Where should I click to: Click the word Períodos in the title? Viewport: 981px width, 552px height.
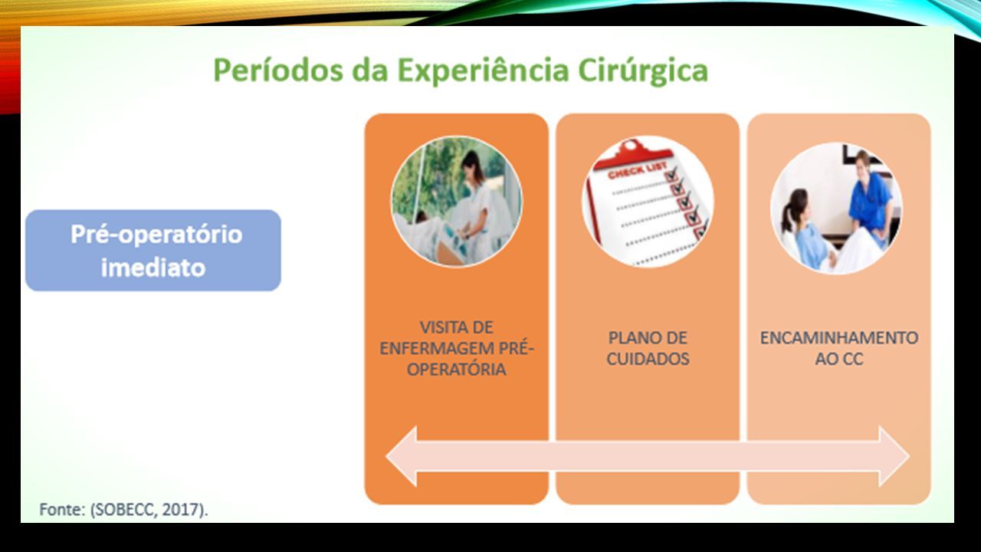tap(278, 70)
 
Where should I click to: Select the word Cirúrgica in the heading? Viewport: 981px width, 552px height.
tap(643, 70)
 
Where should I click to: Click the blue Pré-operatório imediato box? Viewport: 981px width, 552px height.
tap(153, 250)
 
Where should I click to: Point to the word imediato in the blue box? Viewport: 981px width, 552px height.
tap(153, 268)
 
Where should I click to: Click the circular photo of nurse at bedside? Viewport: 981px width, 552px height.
tap(456, 201)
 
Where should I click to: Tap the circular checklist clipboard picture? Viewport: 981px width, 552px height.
tap(648, 201)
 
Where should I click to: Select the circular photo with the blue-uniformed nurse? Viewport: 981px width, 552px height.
tap(836, 208)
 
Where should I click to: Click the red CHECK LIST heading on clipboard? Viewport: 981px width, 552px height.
tap(638, 171)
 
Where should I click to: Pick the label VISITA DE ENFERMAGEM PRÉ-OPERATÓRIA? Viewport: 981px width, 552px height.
tap(456, 348)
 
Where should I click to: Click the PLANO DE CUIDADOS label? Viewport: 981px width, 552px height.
tap(648, 348)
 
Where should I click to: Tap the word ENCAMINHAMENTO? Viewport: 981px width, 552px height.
tap(839, 338)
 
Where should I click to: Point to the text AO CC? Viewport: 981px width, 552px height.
tap(839, 360)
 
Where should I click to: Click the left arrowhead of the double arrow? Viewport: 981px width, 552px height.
tap(401, 456)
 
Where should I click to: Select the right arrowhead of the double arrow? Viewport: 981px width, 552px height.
tap(894, 456)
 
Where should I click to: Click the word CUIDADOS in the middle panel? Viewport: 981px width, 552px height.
tap(648, 360)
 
